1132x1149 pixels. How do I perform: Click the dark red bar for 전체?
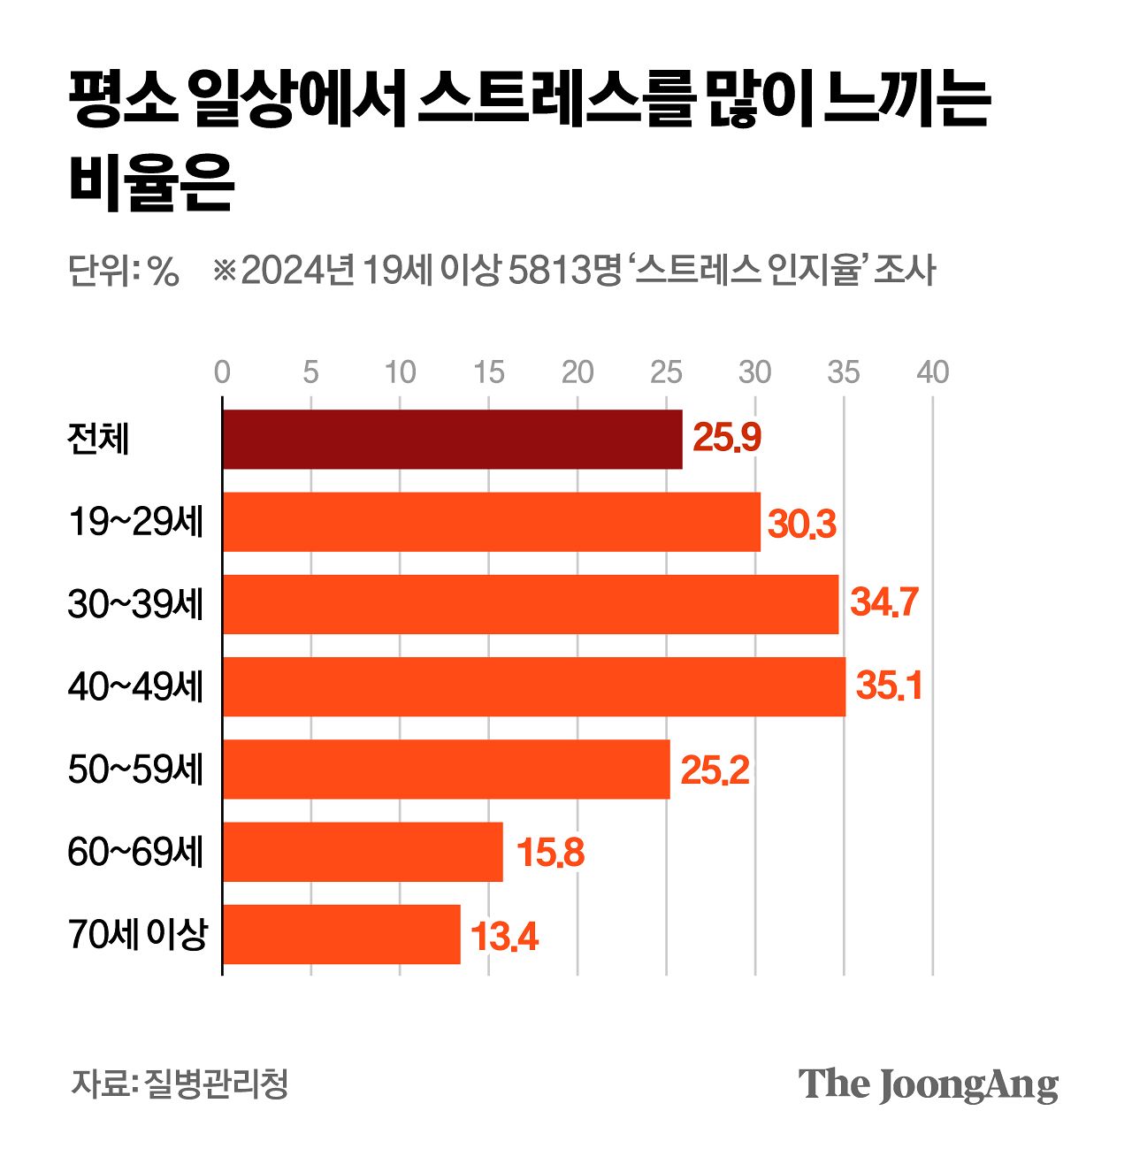[x=452, y=439]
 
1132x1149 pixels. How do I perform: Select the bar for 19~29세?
[x=491, y=522]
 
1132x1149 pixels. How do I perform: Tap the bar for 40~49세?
[x=533, y=686]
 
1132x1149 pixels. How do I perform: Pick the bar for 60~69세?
[x=363, y=852]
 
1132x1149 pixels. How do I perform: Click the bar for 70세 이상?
[x=341, y=934]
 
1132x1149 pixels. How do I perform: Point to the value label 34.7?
[x=884, y=603]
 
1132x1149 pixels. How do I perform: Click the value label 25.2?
[x=715, y=770]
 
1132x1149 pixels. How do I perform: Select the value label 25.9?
[x=726, y=439]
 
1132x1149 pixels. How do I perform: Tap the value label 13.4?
[x=503, y=936]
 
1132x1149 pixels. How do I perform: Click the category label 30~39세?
[x=135, y=604]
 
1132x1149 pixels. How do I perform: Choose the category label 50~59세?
[x=135, y=770]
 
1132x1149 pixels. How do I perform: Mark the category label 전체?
[x=98, y=439]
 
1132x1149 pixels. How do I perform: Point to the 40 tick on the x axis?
[x=932, y=372]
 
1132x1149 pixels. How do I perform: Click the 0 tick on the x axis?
[x=222, y=372]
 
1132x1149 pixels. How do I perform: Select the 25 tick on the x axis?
[x=666, y=372]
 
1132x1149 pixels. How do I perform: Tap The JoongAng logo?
[x=928, y=1084]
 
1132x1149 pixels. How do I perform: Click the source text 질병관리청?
[x=217, y=1084]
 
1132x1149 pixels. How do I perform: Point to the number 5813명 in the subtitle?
[x=566, y=270]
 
